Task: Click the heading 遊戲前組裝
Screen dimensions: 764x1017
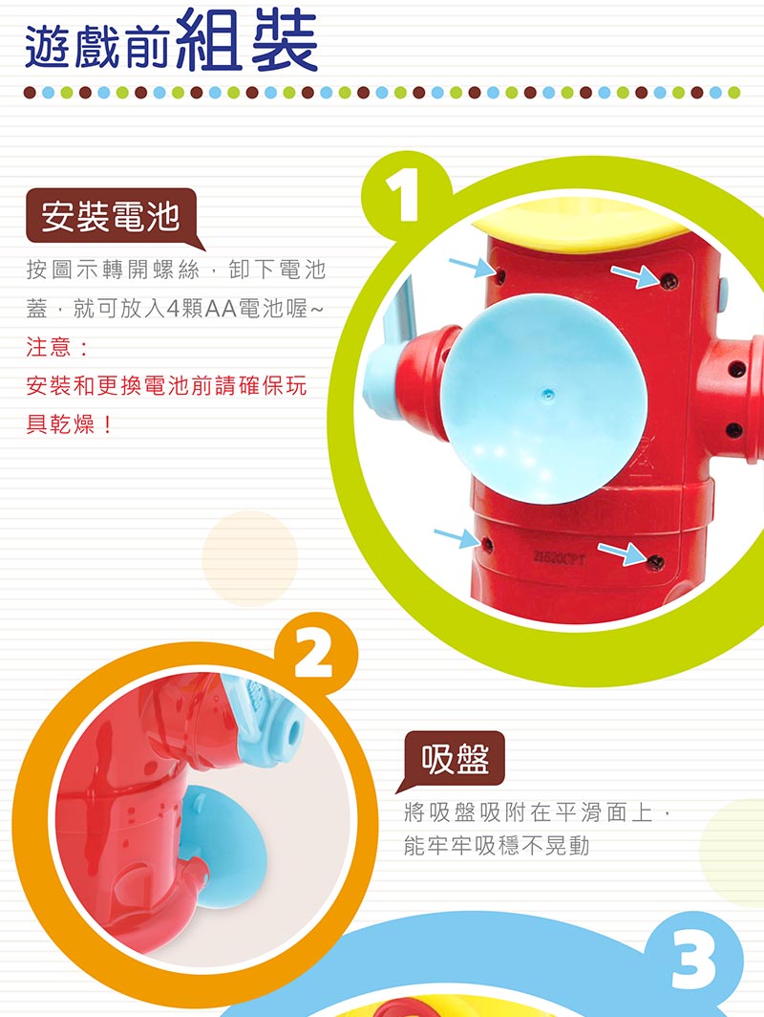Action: click(171, 42)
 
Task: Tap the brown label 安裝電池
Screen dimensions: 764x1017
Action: click(111, 216)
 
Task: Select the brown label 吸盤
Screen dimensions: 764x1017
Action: click(455, 758)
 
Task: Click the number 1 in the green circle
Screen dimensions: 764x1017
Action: click(402, 194)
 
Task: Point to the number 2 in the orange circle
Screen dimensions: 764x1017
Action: click(314, 653)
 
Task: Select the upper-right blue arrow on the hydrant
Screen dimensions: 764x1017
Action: click(635, 275)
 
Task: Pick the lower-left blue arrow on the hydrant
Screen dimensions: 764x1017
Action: click(456, 538)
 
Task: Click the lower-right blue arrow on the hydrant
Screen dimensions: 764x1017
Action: click(622, 553)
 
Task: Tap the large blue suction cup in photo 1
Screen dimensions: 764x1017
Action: click(543, 398)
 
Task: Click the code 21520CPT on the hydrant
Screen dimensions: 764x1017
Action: click(560, 557)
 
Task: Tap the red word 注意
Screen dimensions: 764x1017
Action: click(50, 347)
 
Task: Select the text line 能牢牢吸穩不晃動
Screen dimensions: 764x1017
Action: click(497, 845)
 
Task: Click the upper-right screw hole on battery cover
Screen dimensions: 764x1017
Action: click(668, 281)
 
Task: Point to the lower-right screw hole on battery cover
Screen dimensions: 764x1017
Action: click(655, 561)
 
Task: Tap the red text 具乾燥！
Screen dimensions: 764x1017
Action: click(70, 424)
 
